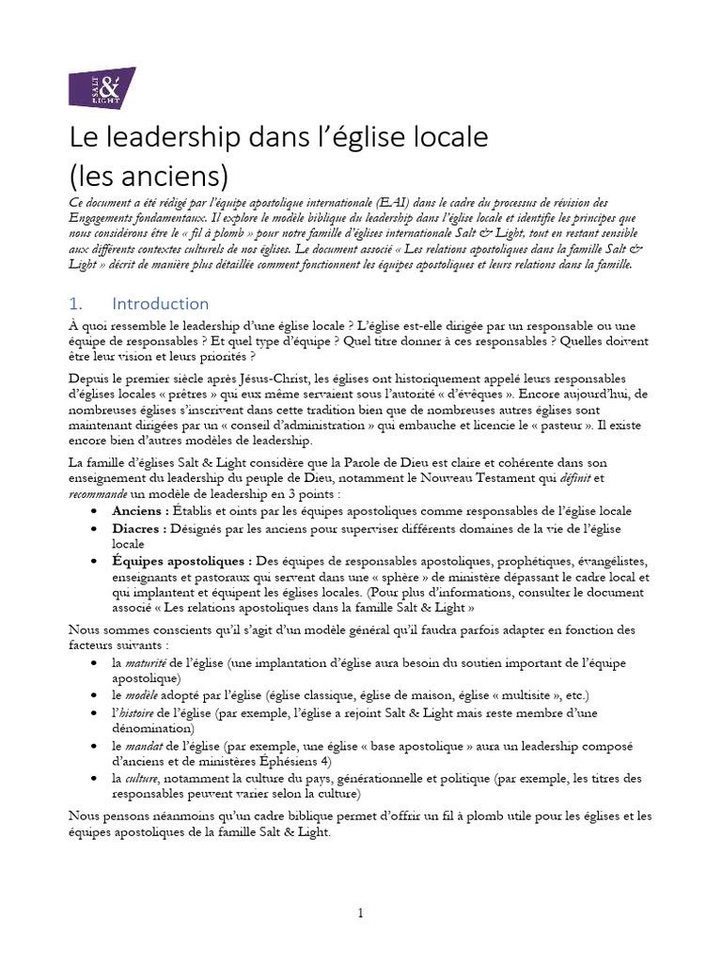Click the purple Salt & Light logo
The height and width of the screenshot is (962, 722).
click(x=102, y=86)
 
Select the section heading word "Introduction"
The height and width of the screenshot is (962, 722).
click(x=160, y=303)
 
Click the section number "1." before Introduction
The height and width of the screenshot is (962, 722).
click(x=77, y=303)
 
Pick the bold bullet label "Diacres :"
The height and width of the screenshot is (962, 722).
click(x=139, y=528)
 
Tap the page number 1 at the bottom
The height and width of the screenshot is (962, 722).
click(x=360, y=914)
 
